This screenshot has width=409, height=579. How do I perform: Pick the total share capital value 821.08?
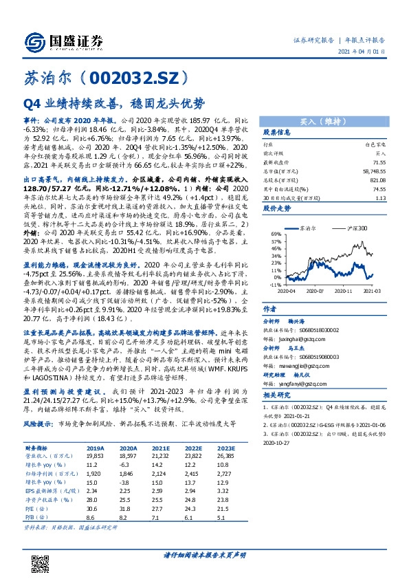[375, 180]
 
